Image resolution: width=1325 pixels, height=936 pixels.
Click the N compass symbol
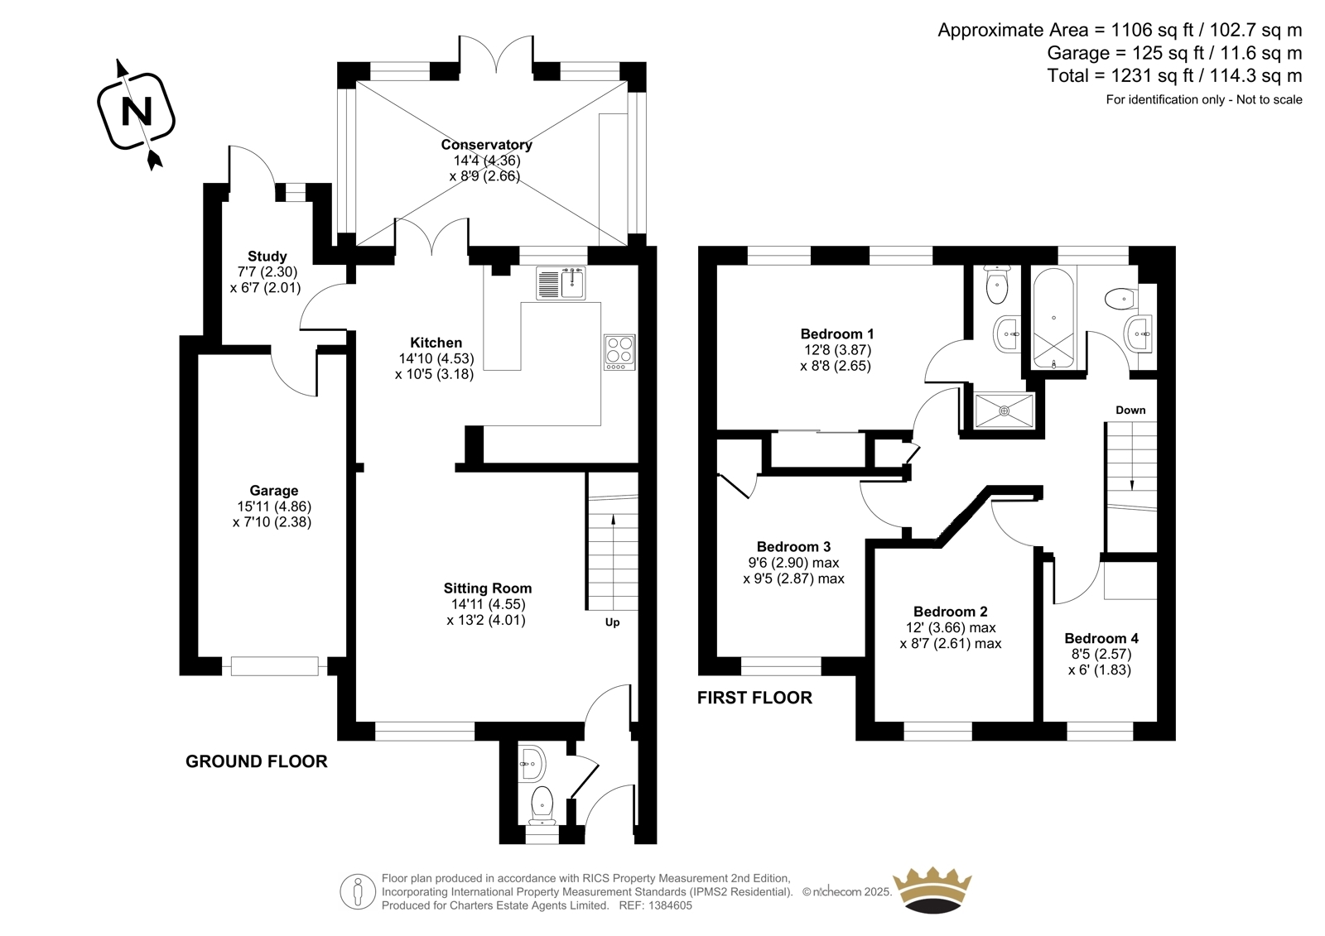[136, 112]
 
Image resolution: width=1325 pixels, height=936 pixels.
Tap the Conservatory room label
[486, 145]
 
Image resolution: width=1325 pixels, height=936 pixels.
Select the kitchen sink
[561, 283]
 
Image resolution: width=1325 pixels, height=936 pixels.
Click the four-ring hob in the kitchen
[619, 353]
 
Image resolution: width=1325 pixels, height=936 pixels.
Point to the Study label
[267, 257]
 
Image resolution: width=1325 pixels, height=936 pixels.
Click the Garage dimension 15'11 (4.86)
[274, 506]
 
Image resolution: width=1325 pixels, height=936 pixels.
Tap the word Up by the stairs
[612, 622]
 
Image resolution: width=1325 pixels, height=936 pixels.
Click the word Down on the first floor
[1130, 410]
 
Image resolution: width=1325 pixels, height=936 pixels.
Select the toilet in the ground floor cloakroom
[542, 805]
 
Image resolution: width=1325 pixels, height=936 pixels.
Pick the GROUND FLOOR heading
[256, 761]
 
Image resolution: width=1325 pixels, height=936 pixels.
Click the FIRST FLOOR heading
[754, 698]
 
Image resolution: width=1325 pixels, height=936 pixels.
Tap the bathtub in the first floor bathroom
[1053, 319]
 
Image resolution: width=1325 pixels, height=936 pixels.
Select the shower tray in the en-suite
[1005, 410]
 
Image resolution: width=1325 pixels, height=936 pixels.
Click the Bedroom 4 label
[1101, 638]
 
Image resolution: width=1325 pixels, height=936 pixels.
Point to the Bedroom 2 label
[950, 612]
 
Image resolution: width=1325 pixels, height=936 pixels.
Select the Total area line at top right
[1175, 75]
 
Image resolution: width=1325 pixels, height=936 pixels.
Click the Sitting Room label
[488, 588]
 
